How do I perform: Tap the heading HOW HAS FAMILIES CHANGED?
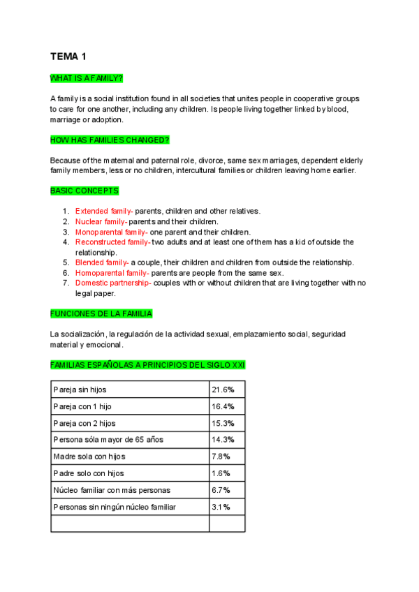[x=110, y=140]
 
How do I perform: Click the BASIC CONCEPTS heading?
[x=84, y=191]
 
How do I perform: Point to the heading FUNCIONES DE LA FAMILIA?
[x=101, y=313]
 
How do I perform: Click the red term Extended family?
[x=104, y=211]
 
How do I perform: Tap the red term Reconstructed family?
[x=112, y=242]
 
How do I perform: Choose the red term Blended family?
[x=102, y=262]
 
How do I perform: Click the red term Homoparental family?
[x=112, y=273]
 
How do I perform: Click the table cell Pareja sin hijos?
[x=80, y=390]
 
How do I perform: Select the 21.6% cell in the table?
[x=223, y=390]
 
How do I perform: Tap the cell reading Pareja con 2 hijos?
[x=84, y=423]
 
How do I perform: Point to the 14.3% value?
[x=223, y=440]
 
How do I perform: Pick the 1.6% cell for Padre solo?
[x=221, y=473]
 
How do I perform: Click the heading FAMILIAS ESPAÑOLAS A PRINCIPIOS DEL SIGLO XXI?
[x=147, y=365]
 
